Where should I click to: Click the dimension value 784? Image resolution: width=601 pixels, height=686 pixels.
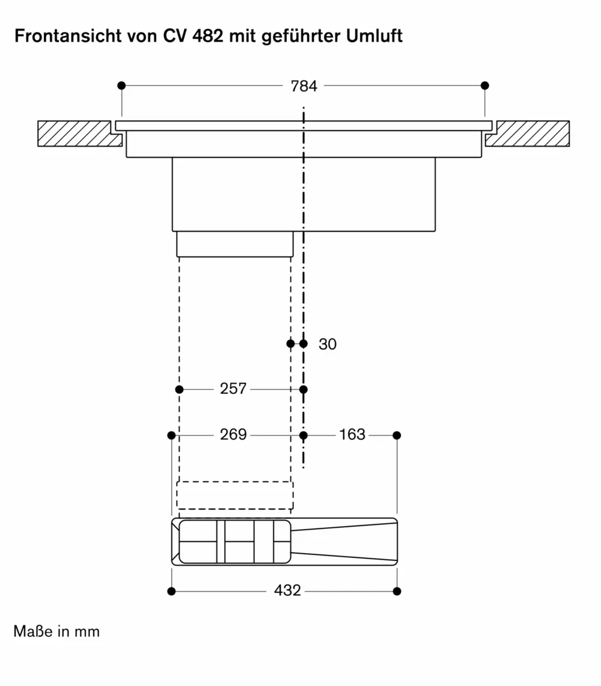[304, 86]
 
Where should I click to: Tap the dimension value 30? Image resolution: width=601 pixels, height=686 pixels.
[328, 345]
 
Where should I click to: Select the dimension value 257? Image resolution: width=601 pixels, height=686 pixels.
[233, 389]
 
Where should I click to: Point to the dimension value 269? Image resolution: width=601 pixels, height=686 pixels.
[233, 434]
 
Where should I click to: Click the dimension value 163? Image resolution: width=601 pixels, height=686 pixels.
[352, 434]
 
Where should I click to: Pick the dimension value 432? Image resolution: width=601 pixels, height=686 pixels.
[287, 591]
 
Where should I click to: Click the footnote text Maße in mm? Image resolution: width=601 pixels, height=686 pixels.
[56, 632]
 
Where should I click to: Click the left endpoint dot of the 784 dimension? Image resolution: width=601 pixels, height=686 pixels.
[121, 85]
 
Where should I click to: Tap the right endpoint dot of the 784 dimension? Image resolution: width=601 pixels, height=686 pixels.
[485, 85]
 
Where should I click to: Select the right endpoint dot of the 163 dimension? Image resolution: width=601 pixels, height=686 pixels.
[397, 435]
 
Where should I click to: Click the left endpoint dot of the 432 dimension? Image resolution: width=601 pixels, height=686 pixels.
[171, 592]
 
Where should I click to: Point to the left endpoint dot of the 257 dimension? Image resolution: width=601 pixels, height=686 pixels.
[179, 390]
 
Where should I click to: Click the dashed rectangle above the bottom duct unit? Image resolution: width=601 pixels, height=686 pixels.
[235, 495]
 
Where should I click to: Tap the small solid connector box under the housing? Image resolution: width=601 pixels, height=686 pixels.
[235, 244]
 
